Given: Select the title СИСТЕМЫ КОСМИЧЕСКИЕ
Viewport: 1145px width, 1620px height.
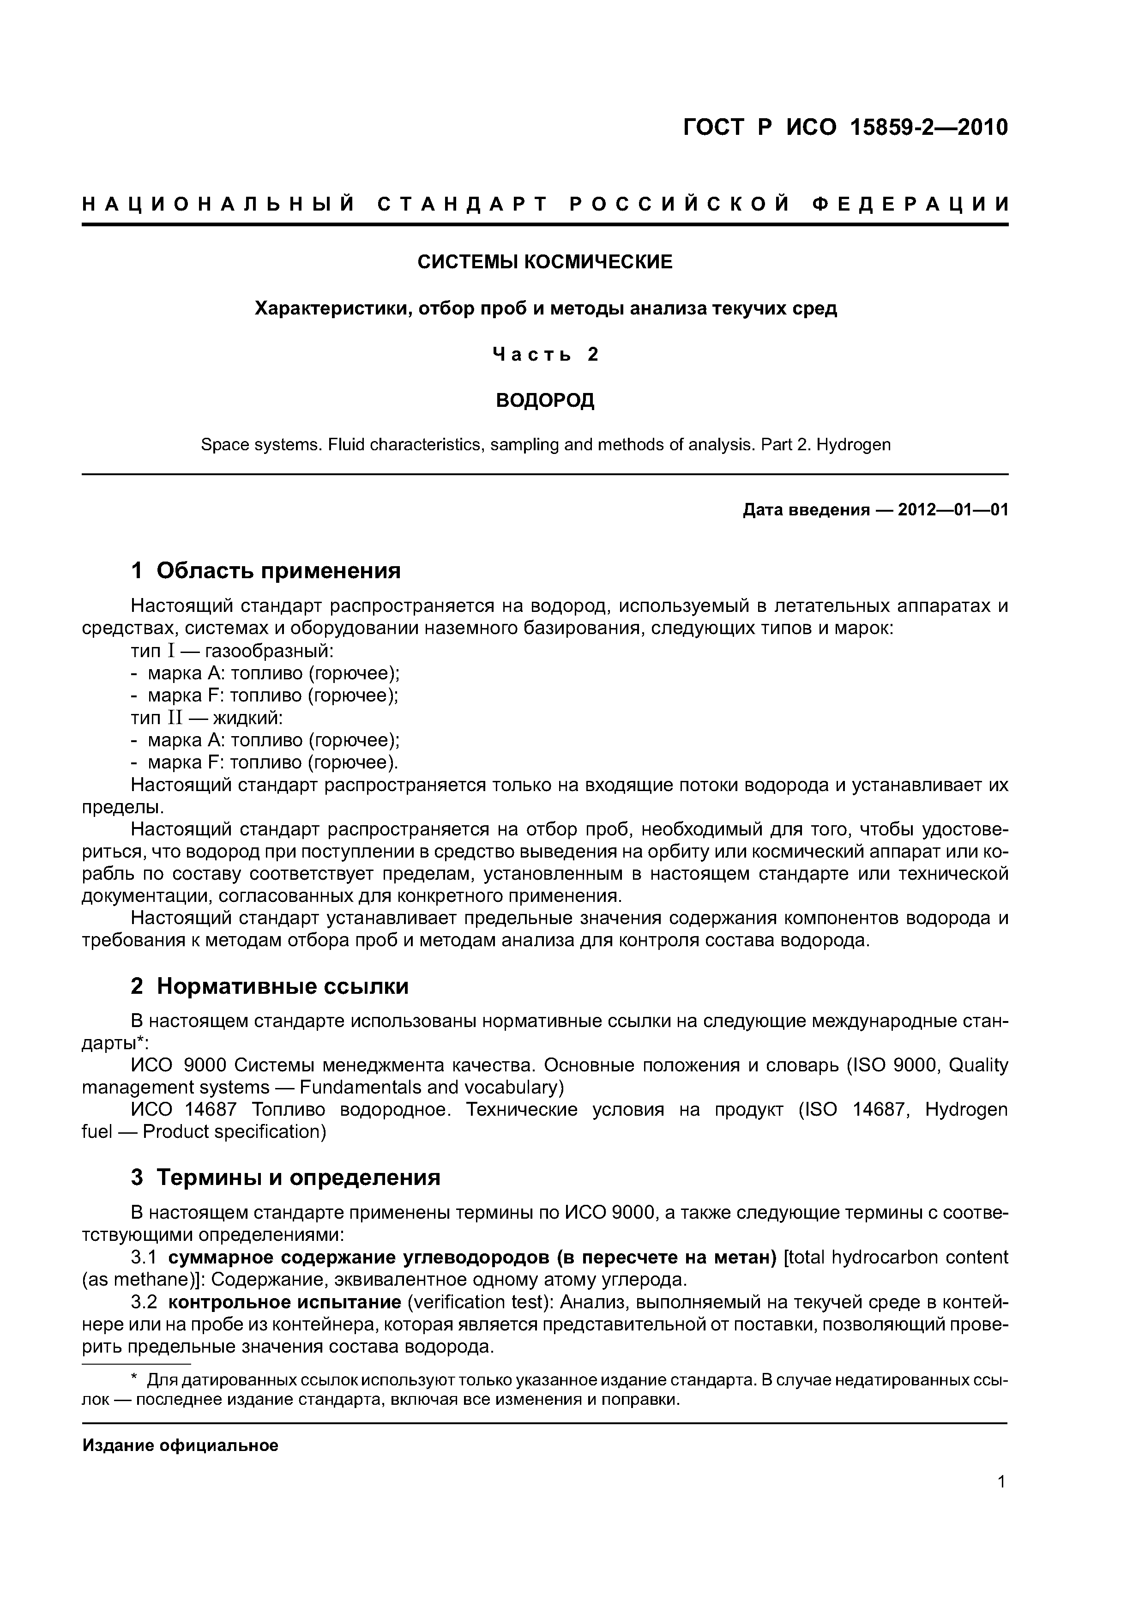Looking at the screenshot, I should pos(545,262).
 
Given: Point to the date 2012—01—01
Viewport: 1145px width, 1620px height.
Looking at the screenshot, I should pos(953,510).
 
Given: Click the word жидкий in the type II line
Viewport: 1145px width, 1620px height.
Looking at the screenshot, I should pos(247,718).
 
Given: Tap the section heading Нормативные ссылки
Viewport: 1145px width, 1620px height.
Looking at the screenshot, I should pos(282,985).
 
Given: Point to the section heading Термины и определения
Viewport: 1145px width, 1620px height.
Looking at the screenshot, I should pos(298,1178).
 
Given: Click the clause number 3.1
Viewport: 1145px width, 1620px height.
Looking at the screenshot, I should pos(144,1257).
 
